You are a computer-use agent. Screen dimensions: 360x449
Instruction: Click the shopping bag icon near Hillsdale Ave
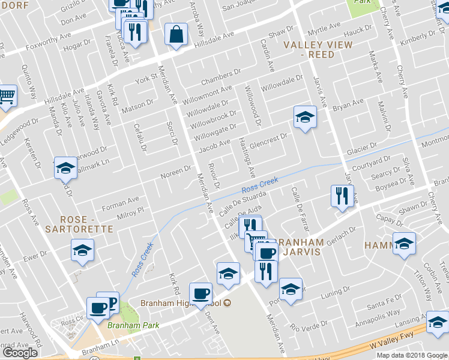click(178, 35)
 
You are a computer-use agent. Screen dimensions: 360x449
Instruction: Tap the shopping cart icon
click(6, 96)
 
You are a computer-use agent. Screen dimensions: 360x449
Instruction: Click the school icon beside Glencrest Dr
click(305, 117)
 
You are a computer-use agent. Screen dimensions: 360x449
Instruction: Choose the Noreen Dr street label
click(175, 172)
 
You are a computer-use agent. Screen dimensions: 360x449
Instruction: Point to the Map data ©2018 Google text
click(412, 355)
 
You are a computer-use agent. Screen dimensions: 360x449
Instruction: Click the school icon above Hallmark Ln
click(65, 168)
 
